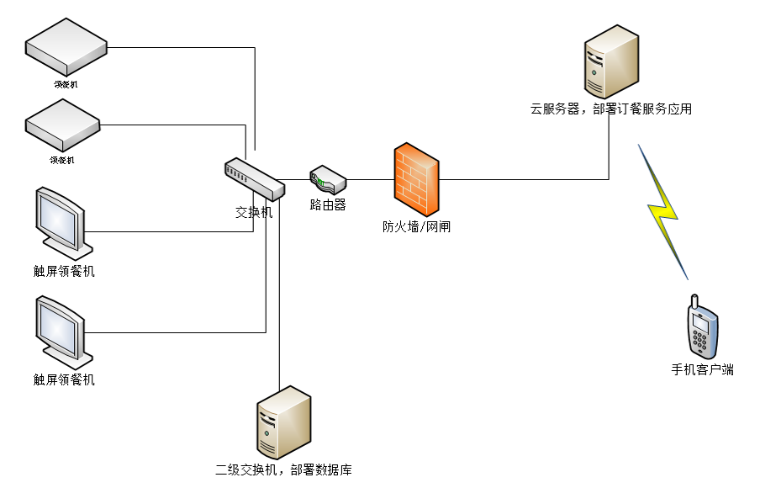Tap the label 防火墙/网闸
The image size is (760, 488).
(416, 226)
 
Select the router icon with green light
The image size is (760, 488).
(328, 179)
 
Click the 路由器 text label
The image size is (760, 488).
(328, 204)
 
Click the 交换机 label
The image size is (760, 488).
(254, 212)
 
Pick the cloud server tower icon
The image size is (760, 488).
(610, 64)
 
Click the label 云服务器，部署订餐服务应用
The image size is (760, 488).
(611, 109)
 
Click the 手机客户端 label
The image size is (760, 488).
(702, 369)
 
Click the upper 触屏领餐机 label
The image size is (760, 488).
(64, 271)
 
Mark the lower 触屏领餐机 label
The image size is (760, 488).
(64, 379)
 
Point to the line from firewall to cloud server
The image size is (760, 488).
(521, 179)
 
